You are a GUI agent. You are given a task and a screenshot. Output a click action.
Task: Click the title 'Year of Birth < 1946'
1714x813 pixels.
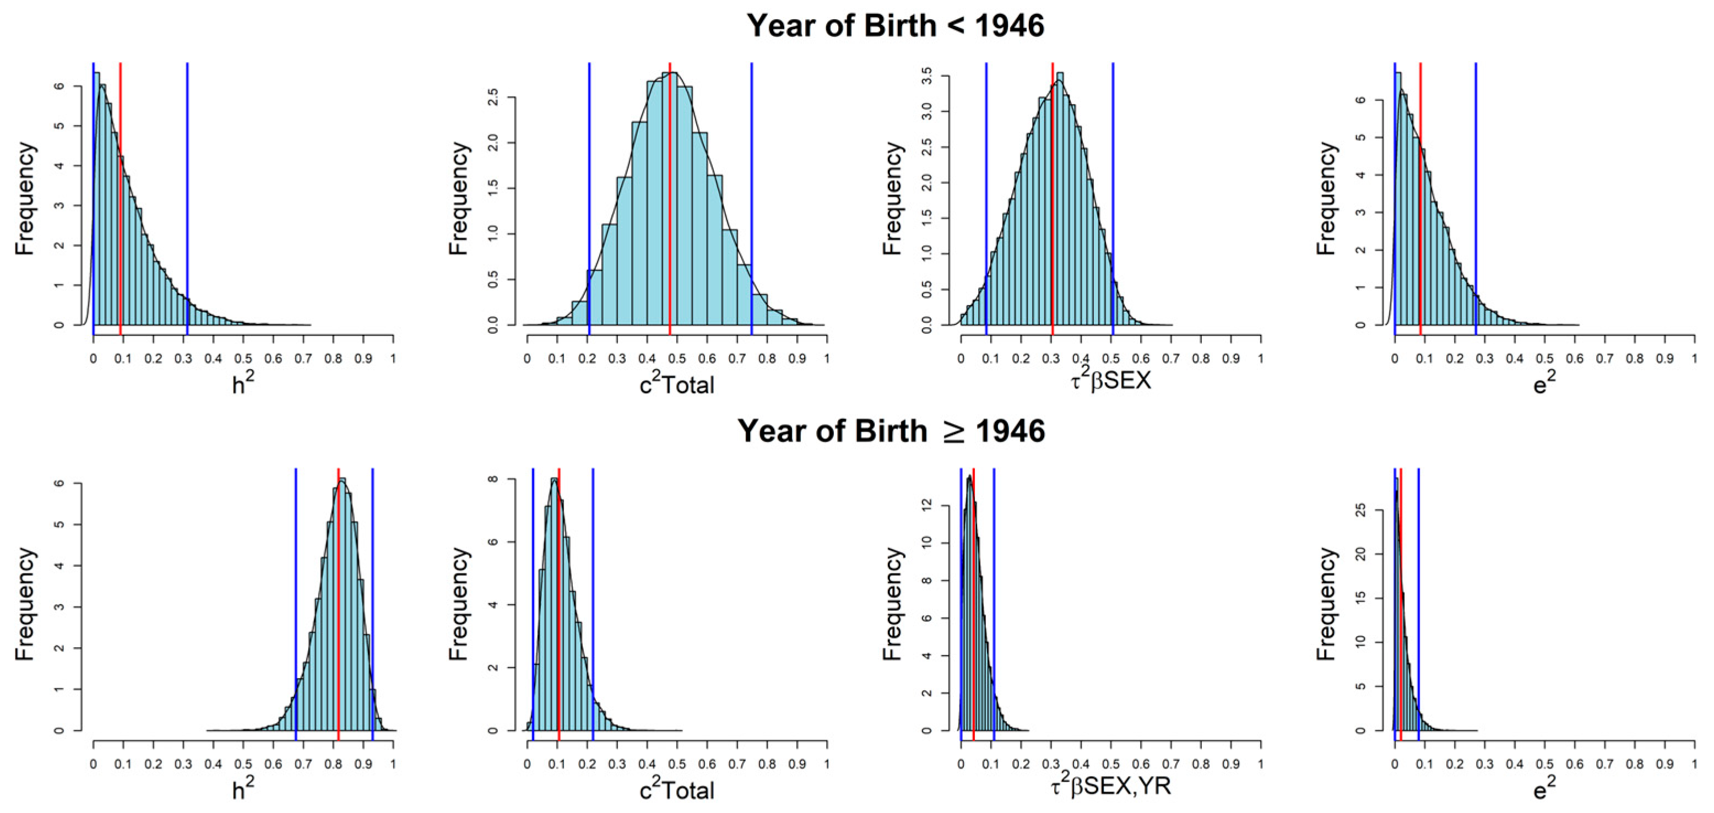(x=895, y=26)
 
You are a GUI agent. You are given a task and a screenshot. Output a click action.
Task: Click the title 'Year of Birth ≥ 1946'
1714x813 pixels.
(x=891, y=431)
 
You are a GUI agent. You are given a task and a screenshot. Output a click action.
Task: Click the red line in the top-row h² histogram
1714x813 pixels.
(x=121, y=199)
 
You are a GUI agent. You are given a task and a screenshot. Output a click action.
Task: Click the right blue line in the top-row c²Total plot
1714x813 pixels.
(x=751, y=199)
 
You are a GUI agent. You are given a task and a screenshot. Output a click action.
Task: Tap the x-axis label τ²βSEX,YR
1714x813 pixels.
(x=1110, y=787)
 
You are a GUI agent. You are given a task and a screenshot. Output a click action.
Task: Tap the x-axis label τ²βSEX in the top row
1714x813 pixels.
(x=1110, y=381)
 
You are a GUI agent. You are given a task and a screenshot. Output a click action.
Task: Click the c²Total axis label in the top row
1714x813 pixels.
(x=677, y=384)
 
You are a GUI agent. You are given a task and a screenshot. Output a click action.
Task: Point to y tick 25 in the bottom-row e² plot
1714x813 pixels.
(x=1361, y=510)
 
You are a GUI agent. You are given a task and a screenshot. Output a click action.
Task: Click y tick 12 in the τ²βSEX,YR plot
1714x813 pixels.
(x=927, y=506)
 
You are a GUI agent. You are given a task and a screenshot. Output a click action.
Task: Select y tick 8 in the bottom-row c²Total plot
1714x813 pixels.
(x=493, y=479)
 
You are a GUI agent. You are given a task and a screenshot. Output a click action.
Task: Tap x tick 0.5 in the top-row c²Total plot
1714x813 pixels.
(x=677, y=359)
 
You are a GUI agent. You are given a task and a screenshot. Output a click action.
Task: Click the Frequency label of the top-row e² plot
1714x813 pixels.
(x=1326, y=198)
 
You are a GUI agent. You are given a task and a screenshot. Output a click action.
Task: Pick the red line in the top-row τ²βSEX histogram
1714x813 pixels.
(x=1053, y=199)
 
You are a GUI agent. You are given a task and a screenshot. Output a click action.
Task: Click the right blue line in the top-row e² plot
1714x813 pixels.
(x=1476, y=199)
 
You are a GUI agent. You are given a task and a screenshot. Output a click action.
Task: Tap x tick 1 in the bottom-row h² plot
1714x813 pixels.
(x=393, y=765)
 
